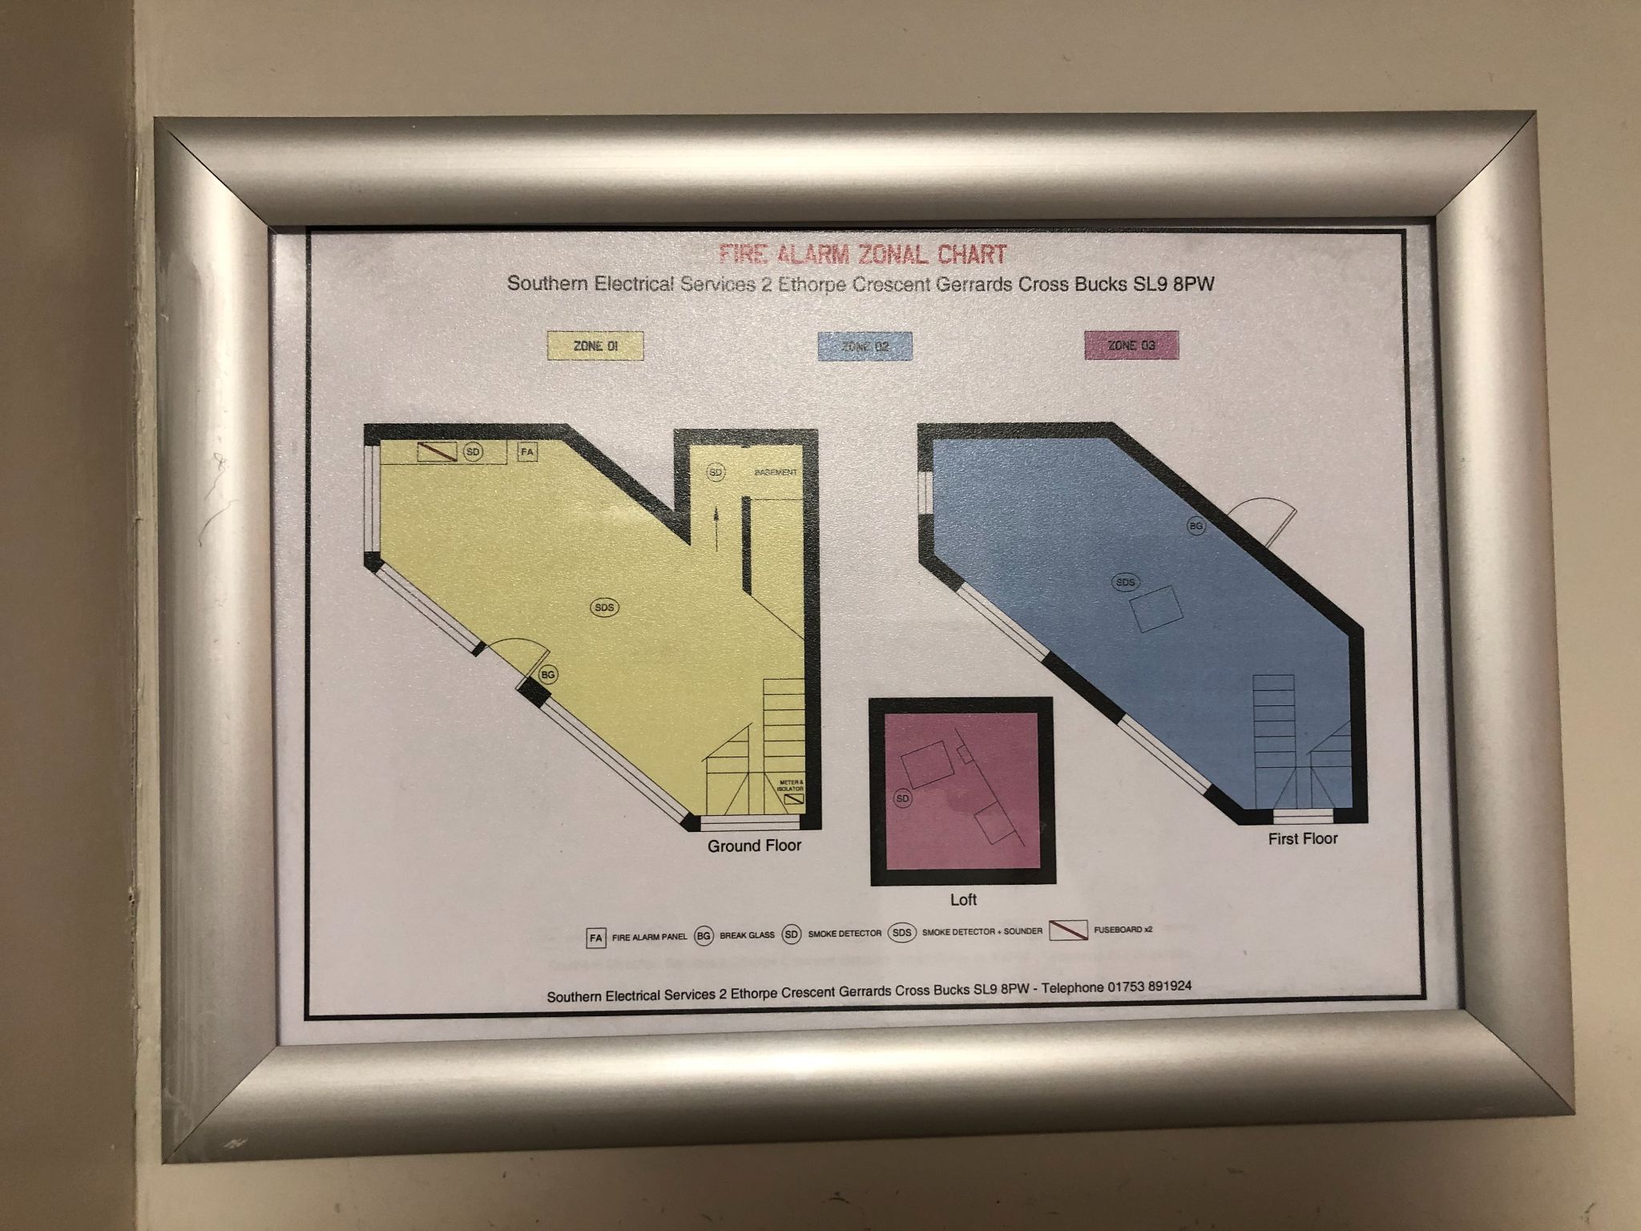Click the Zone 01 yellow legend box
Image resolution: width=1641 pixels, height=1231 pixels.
pos(595,346)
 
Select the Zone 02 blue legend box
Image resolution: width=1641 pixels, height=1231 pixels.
pos(864,347)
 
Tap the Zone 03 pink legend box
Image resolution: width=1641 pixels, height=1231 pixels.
pos(1131,345)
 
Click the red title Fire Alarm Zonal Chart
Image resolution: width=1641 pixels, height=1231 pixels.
pos(862,255)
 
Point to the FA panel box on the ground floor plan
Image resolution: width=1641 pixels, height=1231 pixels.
pos(527,452)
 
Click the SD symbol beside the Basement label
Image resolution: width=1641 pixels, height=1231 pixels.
pos(716,473)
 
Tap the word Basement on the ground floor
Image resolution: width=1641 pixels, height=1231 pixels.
pos(776,473)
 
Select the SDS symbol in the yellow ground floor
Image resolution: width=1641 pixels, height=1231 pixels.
pos(604,607)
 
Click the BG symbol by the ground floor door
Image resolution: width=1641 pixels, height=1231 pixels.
pos(548,675)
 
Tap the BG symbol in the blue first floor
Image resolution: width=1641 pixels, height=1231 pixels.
pos(1196,527)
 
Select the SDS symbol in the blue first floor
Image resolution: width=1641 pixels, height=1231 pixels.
pos(1126,583)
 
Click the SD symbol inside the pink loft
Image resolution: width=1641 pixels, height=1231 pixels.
pos(903,799)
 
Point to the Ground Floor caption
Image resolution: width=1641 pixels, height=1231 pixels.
pos(754,846)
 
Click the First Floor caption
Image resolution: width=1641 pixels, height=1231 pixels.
pos(1303,839)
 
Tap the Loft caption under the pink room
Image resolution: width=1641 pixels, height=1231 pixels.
pos(963,900)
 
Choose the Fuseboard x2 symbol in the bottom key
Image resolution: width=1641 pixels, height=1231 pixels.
pos(1068,931)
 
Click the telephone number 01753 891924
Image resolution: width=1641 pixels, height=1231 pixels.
pos(1148,987)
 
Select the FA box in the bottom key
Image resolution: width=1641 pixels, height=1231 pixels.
pos(595,937)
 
